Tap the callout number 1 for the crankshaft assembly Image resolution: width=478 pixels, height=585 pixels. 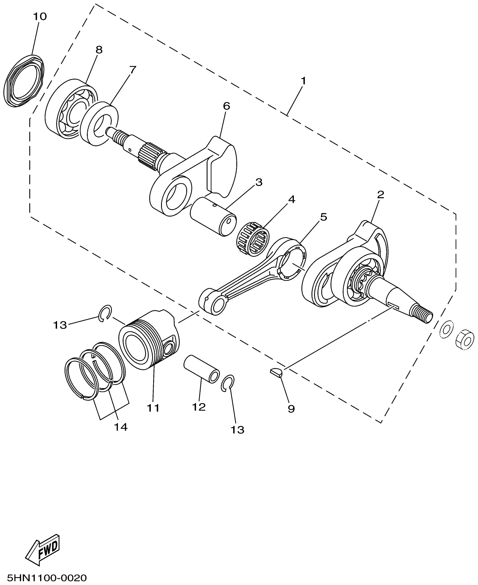pyautogui.click(x=303, y=81)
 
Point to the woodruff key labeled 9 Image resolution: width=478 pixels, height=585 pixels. pyautogui.click(x=276, y=373)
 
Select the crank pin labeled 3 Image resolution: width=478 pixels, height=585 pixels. pyautogui.click(x=213, y=217)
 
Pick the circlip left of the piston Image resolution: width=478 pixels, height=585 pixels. pyautogui.click(x=105, y=312)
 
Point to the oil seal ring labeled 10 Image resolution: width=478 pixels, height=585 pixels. pyautogui.click(x=24, y=80)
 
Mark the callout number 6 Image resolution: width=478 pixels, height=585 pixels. pyautogui.click(x=226, y=106)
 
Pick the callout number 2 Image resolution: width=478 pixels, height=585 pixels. pyautogui.click(x=380, y=195)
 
